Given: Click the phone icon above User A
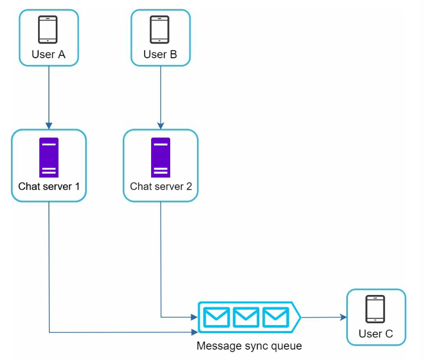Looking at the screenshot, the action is coord(47,29).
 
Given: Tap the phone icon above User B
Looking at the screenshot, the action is coord(159,29).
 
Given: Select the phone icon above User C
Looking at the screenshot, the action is coord(375,309).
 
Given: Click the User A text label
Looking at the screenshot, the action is coord(48,54).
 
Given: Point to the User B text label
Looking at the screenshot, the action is coord(160,54).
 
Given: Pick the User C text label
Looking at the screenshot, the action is coord(376,334).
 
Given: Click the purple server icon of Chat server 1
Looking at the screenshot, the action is coord(49,157).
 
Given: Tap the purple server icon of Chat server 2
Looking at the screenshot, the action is coord(160,157).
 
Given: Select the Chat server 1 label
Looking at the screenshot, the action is coord(49,186).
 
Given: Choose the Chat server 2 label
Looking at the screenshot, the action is coord(161,186).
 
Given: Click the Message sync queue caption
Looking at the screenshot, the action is coord(249,346).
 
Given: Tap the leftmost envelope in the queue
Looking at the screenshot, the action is coord(216,317).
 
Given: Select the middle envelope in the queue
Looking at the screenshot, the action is coord(246,317).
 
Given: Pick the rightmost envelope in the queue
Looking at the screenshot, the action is coord(275,317).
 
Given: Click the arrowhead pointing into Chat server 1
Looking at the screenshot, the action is coord(49,126).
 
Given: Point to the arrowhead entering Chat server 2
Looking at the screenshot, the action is coord(160,126).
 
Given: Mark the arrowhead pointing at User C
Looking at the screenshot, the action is coord(343,317).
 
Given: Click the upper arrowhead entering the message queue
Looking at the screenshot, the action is coord(195,317).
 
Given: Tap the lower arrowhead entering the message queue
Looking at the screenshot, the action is coord(195,332).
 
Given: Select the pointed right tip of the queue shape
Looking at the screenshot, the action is coord(301,317).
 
